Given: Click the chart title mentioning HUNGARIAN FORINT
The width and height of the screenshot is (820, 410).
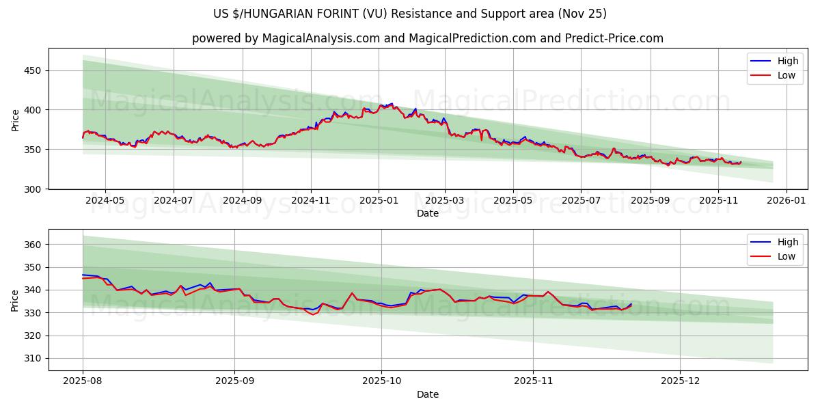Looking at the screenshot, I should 410,14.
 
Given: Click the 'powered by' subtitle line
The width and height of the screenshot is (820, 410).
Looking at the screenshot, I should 427,38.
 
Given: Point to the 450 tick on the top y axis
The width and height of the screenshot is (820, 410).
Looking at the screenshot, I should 33,70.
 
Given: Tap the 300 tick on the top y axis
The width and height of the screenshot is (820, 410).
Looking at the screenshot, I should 33,189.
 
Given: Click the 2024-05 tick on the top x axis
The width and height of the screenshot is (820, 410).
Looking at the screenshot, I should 105,201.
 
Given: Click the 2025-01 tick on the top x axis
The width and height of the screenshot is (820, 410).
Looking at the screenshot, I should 378,201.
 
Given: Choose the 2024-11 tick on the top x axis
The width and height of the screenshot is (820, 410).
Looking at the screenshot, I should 310,201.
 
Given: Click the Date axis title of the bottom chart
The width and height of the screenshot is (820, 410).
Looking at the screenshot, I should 427,394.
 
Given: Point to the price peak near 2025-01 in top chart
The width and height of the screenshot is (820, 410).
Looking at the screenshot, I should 390,104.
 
